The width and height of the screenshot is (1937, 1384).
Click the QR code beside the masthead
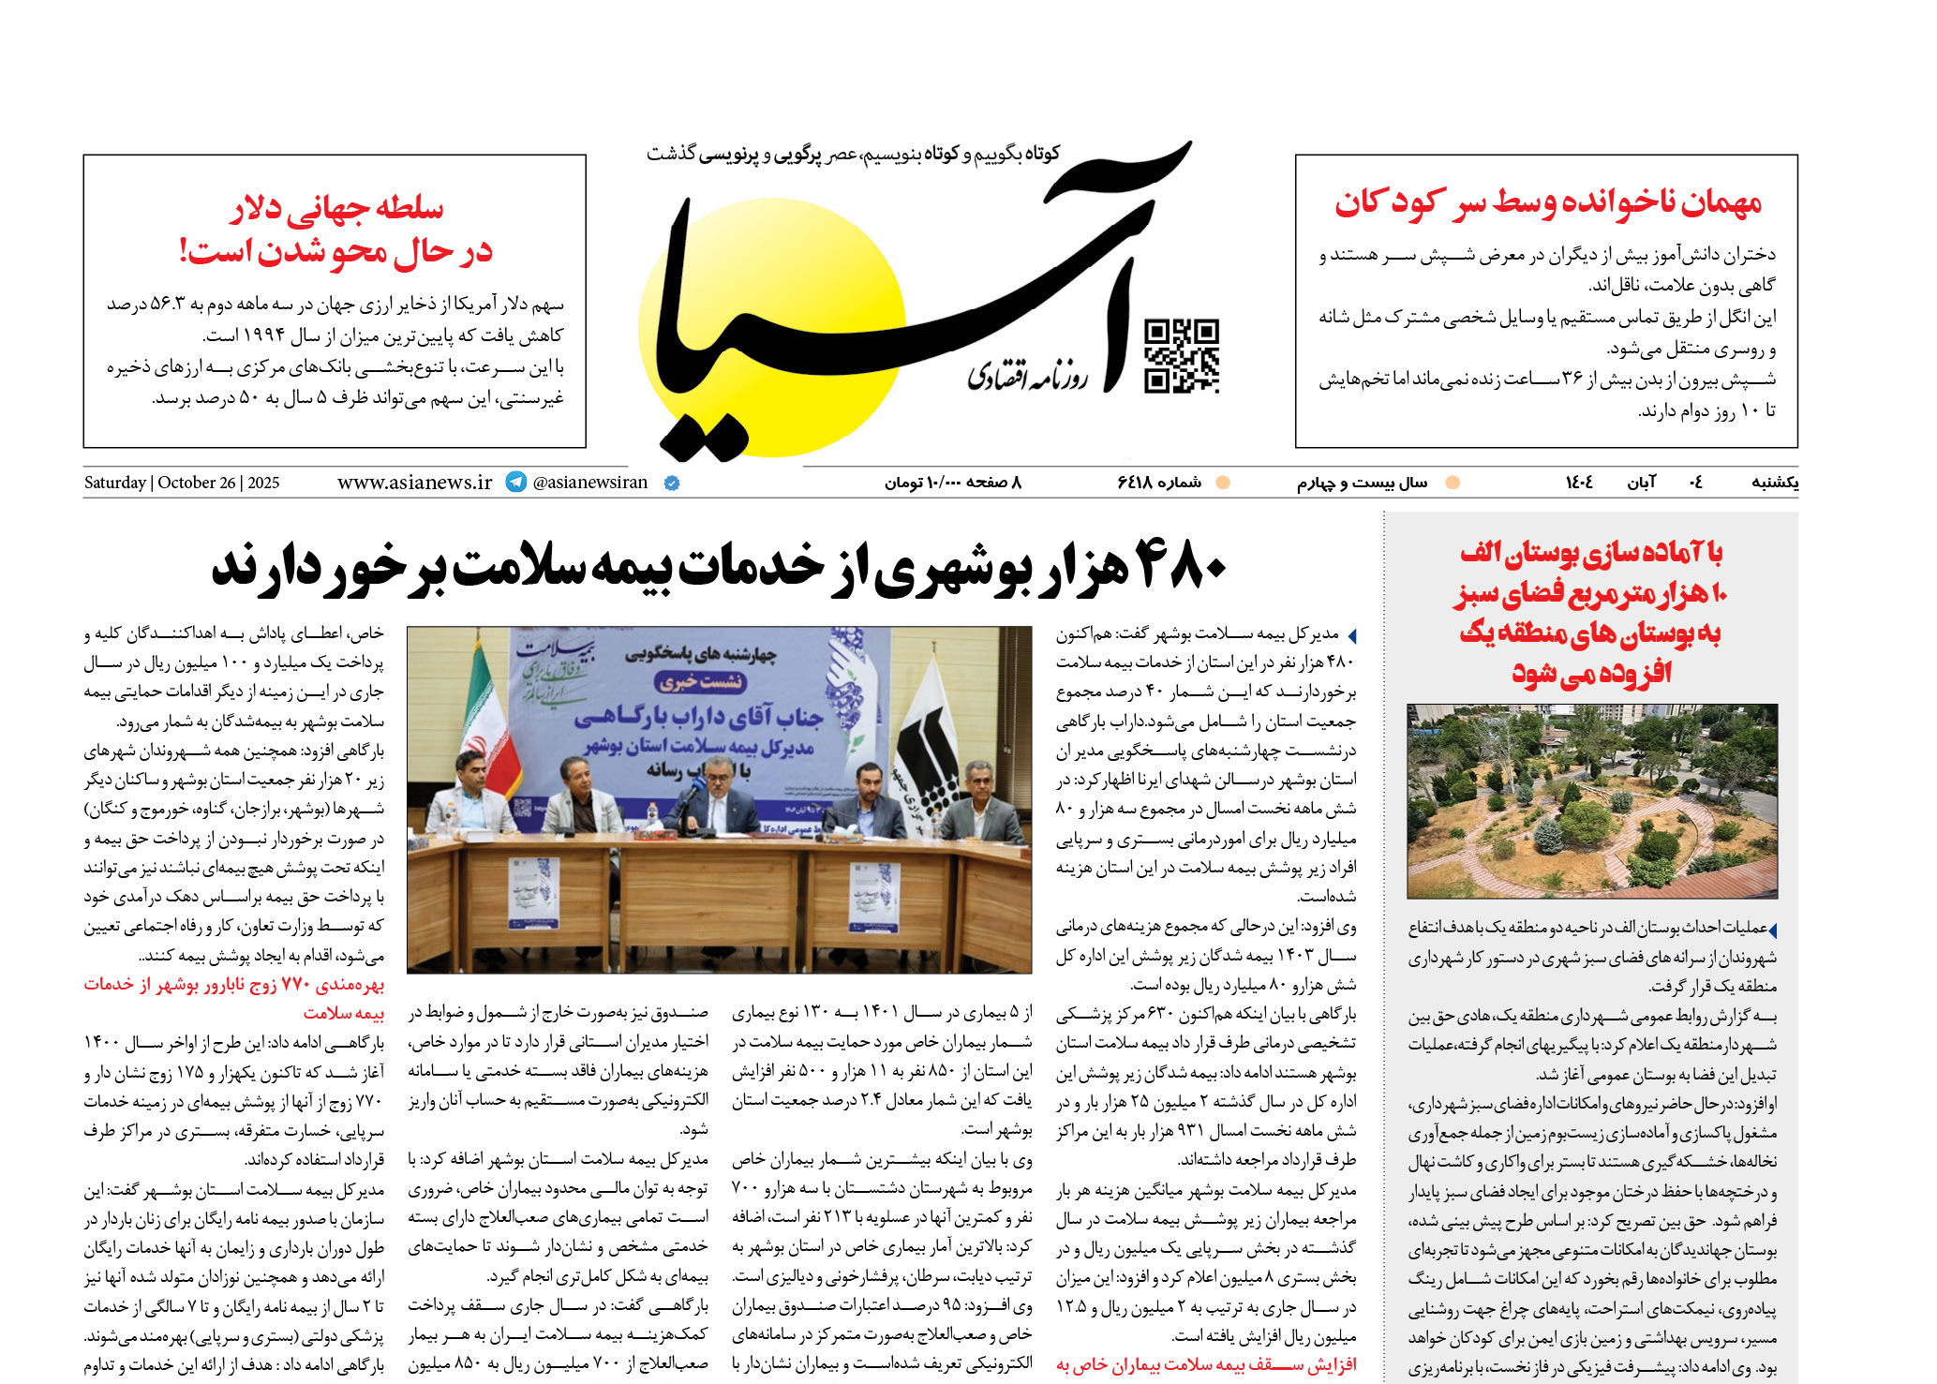click(x=1181, y=355)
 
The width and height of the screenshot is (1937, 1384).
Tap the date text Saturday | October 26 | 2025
click(x=182, y=483)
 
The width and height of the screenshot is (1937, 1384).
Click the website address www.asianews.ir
click(x=414, y=483)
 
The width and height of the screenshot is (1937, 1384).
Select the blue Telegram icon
click(x=515, y=482)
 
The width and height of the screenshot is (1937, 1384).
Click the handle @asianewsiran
click(x=590, y=483)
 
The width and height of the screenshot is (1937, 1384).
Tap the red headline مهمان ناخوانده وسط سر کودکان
click(x=1547, y=203)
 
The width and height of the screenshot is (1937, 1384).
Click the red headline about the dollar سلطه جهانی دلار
click(x=337, y=208)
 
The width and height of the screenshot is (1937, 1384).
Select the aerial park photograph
click(x=1591, y=801)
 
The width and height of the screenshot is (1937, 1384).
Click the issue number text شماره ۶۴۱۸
click(x=1159, y=483)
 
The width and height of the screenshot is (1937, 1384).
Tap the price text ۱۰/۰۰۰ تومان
click(x=922, y=483)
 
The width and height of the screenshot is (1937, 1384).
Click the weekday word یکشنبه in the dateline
click(x=1774, y=483)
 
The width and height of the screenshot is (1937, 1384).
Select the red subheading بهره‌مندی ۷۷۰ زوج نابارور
click(x=234, y=985)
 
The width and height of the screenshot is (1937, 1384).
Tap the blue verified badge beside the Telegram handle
click(x=672, y=484)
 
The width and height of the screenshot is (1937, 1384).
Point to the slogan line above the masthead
click(x=853, y=154)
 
